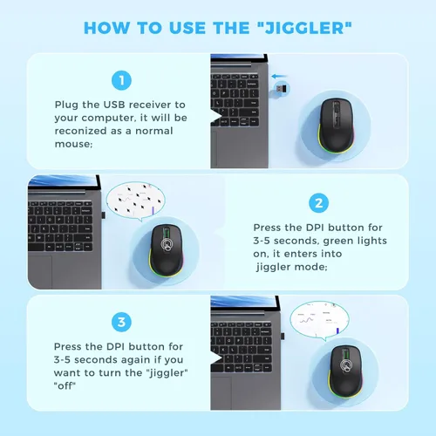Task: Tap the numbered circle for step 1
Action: (x=121, y=80)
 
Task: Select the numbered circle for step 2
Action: (x=319, y=203)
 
